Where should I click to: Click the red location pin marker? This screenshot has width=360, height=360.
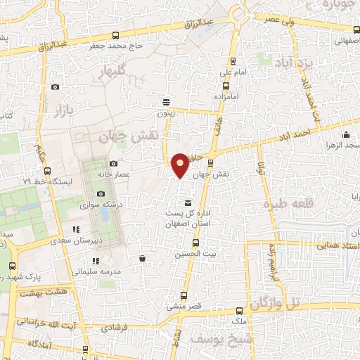[x=180, y=165]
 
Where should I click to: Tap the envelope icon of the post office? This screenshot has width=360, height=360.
[x=187, y=203]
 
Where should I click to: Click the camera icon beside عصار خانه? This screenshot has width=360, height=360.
[x=113, y=164]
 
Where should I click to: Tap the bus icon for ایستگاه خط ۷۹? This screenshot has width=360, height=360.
[x=47, y=171]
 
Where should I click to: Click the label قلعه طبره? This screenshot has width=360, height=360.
[x=287, y=204]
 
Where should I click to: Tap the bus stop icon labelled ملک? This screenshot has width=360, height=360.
[x=240, y=310]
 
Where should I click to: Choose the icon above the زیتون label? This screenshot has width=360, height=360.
[x=166, y=101]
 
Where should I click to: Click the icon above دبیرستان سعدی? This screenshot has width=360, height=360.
[x=76, y=229]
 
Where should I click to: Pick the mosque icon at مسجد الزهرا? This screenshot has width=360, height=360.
[x=345, y=135]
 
